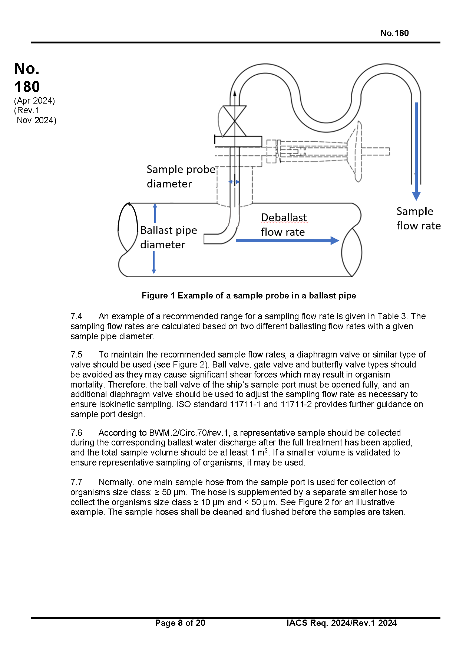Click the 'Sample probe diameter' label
point(181,176)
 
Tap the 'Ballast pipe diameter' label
point(169,237)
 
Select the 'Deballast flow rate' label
point(284,225)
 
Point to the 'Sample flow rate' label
point(419,218)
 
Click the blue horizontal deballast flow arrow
point(287,241)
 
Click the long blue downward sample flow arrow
point(416,151)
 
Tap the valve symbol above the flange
point(235,121)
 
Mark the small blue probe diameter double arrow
point(234,182)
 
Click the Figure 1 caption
point(249,295)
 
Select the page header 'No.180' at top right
point(394,33)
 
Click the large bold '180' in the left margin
point(27,87)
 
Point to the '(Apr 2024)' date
point(34,101)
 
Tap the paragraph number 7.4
point(76,316)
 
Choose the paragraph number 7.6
point(76,433)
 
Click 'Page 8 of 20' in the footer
point(180,623)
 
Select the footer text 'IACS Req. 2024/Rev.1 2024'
point(341,623)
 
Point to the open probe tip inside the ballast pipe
point(205,239)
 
